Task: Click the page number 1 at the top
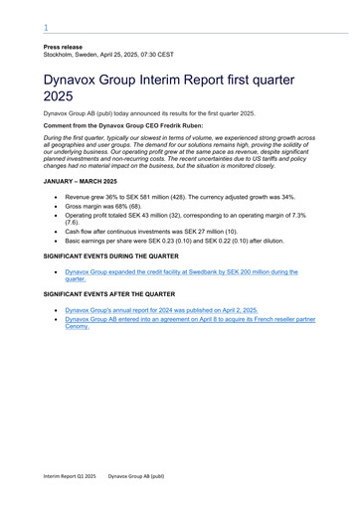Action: (x=45, y=28)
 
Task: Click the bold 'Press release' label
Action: (x=62, y=48)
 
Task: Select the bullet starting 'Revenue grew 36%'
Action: (x=179, y=198)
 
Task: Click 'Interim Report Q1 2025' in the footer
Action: (x=70, y=476)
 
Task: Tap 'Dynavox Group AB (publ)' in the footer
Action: (x=136, y=476)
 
